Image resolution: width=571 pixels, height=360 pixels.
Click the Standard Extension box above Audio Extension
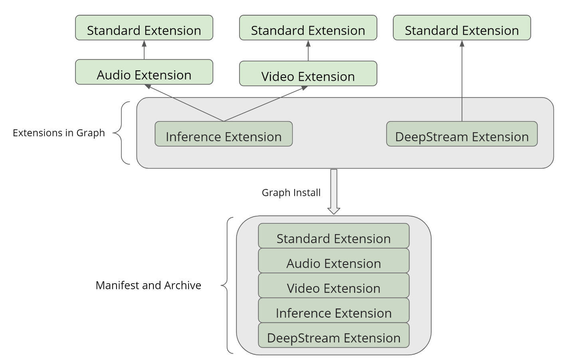tap(144, 28)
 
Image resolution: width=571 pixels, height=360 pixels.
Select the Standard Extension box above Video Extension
tap(308, 28)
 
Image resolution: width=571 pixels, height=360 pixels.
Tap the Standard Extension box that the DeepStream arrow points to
tap(462, 28)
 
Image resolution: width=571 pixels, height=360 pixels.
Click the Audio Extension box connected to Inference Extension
tap(144, 72)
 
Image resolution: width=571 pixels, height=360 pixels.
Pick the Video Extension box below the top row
tap(308, 74)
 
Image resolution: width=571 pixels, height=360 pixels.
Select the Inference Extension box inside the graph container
tap(224, 134)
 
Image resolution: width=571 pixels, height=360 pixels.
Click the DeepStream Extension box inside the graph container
tap(462, 134)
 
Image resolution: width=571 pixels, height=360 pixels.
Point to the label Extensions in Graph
tap(59, 133)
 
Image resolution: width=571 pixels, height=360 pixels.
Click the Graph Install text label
tap(291, 193)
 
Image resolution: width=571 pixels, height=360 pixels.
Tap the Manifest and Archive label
tap(148, 285)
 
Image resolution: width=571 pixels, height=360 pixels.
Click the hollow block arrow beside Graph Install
tap(334, 191)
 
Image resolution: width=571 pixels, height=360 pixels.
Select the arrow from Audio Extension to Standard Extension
tap(144, 50)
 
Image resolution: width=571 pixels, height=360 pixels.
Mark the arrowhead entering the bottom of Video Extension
tap(305, 88)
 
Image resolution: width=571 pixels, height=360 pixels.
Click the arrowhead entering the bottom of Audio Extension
tap(148, 86)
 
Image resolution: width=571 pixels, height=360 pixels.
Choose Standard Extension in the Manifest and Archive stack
tap(333, 236)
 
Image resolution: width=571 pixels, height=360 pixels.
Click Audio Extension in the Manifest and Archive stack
tap(333, 261)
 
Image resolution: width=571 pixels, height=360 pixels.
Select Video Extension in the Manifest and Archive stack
tap(333, 286)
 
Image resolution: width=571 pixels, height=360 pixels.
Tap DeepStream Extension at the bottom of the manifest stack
tap(333, 336)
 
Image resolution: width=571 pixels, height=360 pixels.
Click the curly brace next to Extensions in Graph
tap(122, 133)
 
